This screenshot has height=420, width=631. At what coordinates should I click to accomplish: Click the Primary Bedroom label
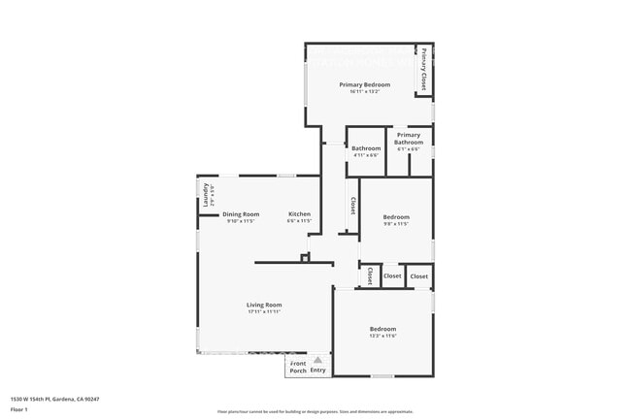pos(364,84)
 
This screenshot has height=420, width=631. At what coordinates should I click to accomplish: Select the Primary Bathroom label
pos(409,139)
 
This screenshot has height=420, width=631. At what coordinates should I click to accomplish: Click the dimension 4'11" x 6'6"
pos(366,155)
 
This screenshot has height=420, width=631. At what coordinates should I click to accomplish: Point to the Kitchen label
pos(299,213)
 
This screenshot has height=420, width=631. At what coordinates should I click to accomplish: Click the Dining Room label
pos(241,213)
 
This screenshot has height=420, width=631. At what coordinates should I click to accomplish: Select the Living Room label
pos(263,305)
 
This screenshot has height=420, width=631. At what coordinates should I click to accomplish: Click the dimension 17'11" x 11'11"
pos(263,312)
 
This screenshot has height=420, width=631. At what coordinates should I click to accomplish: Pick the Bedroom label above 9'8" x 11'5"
pos(395,216)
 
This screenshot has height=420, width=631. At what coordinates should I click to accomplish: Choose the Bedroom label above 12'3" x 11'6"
pos(382,329)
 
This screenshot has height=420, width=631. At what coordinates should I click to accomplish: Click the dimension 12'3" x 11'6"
pos(382,337)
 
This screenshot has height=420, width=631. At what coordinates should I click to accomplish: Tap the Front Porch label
pos(298,367)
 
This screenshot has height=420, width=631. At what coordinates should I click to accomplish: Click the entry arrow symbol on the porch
pos(317,360)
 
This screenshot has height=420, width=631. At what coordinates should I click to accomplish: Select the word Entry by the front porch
pos(318,371)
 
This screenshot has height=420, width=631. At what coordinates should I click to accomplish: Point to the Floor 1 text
pos(18,410)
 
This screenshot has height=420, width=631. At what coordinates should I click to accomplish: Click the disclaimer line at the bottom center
pos(315,411)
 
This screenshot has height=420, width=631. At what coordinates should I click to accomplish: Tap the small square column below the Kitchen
pos(305,257)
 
